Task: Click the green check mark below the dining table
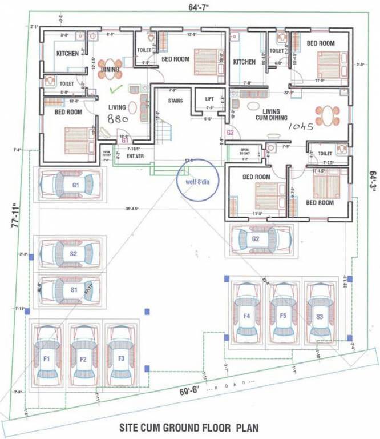tap(116, 89)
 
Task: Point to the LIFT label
tap(209, 99)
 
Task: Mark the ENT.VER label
tap(134, 155)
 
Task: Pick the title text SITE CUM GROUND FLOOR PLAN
tap(190, 427)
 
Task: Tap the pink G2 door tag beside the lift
tap(230, 133)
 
